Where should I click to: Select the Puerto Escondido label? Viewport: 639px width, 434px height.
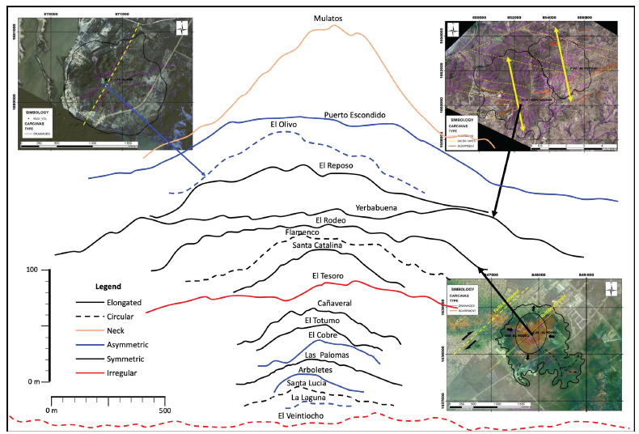coord(354,114)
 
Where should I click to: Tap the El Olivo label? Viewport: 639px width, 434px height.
coord(286,124)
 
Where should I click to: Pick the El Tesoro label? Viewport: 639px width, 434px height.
coord(328,276)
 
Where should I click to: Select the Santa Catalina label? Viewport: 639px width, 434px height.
coord(318,244)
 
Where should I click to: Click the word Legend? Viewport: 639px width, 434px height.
coord(108,287)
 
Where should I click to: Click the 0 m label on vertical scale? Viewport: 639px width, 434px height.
coord(32,381)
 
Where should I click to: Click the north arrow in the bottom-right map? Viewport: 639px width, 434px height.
coord(611,289)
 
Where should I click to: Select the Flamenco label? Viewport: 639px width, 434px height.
coord(303,232)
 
